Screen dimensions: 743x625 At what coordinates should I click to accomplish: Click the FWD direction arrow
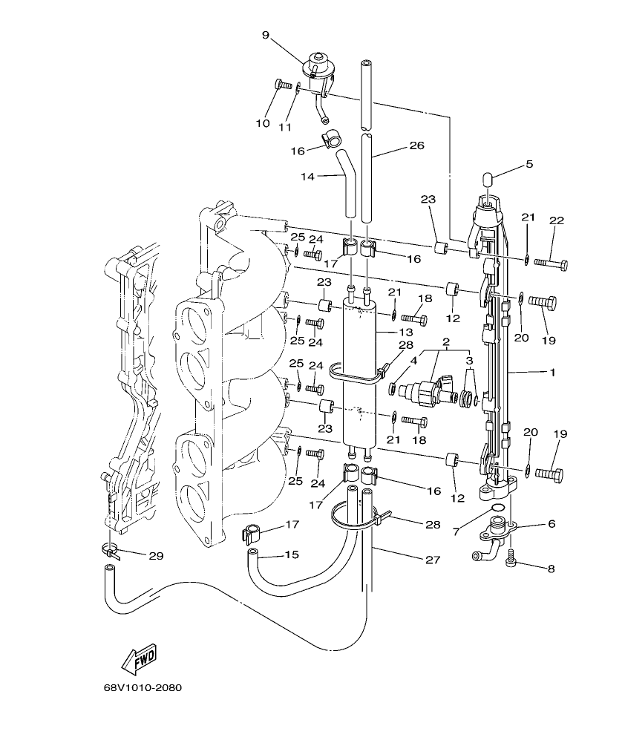point(138,657)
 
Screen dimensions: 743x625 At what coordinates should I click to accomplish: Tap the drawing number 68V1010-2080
point(143,687)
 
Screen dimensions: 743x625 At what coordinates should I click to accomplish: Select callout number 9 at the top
point(265,34)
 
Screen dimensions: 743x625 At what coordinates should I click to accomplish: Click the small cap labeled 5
point(488,180)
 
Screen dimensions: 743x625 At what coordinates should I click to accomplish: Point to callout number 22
point(556,220)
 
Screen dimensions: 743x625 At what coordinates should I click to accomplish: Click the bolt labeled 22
point(550,264)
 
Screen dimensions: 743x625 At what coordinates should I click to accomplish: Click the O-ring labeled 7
point(500,508)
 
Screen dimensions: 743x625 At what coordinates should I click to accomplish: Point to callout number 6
point(551,524)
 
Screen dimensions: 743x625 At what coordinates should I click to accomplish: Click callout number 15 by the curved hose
point(292,554)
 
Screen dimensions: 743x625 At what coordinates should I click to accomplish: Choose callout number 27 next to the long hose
point(431,561)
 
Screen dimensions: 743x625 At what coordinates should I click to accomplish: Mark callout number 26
point(416,146)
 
